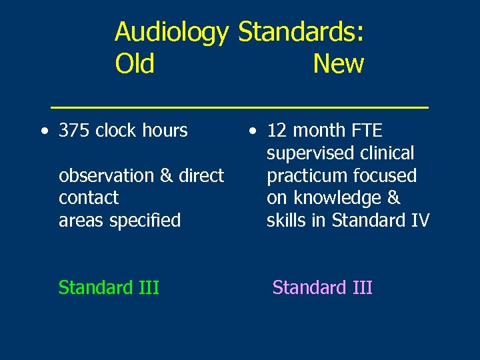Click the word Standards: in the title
pyautogui.click(x=301, y=32)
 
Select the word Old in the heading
pyautogui.click(x=135, y=64)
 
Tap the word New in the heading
pyautogui.click(x=338, y=64)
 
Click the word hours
pyautogui.click(x=165, y=131)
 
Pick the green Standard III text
pyautogui.click(x=109, y=287)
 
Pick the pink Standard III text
pyautogui.click(x=322, y=287)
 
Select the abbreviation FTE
pyautogui.click(x=364, y=131)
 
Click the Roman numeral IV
pyautogui.click(x=420, y=221)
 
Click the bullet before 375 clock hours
pyautogui.click(x=43, y=131)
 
